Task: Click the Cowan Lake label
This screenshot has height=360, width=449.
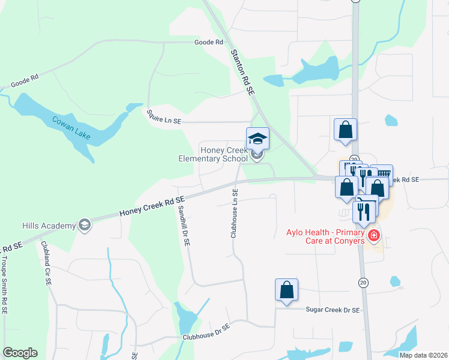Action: [x=70, y=127]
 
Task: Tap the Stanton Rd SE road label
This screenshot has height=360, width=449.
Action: [x=243, y=71]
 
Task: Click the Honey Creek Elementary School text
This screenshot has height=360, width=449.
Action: [x=213, y=154]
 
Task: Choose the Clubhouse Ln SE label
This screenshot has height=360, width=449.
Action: [x=235, y=213]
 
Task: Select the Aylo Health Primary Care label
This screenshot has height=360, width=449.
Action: [x=325, y=236]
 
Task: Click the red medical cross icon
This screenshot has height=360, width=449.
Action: [x=374, y=236]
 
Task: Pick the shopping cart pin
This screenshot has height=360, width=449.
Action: [x=382, y=175]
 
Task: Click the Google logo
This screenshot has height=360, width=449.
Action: [x=20, y=353]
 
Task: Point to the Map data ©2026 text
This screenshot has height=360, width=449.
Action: [x=423, y=355]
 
